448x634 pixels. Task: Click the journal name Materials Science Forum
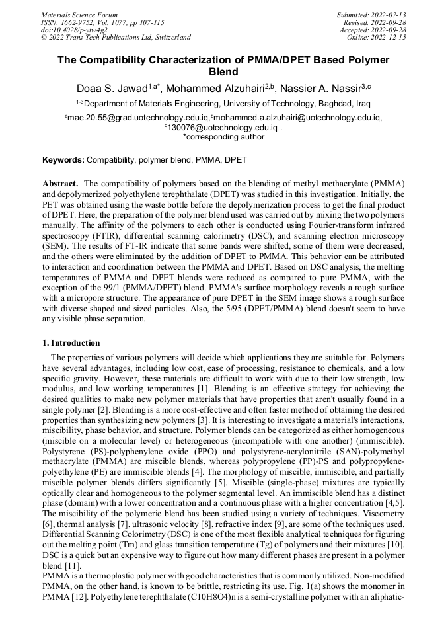pyautogui.click(x=79, y=15)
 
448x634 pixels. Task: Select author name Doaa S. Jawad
pyautogui.click(x=114, y=89)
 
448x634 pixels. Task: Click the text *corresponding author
pyautogui.click(x=223, y=137)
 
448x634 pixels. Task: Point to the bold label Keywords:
pyautogui.click(x=63, y=160)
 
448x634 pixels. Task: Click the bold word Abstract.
pyautogui.click(x=60, y=182)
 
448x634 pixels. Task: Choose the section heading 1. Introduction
pyautogui.click(x=71, y=343)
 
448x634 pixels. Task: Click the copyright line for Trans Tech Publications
pyautogui.click(x=116, y=38)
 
